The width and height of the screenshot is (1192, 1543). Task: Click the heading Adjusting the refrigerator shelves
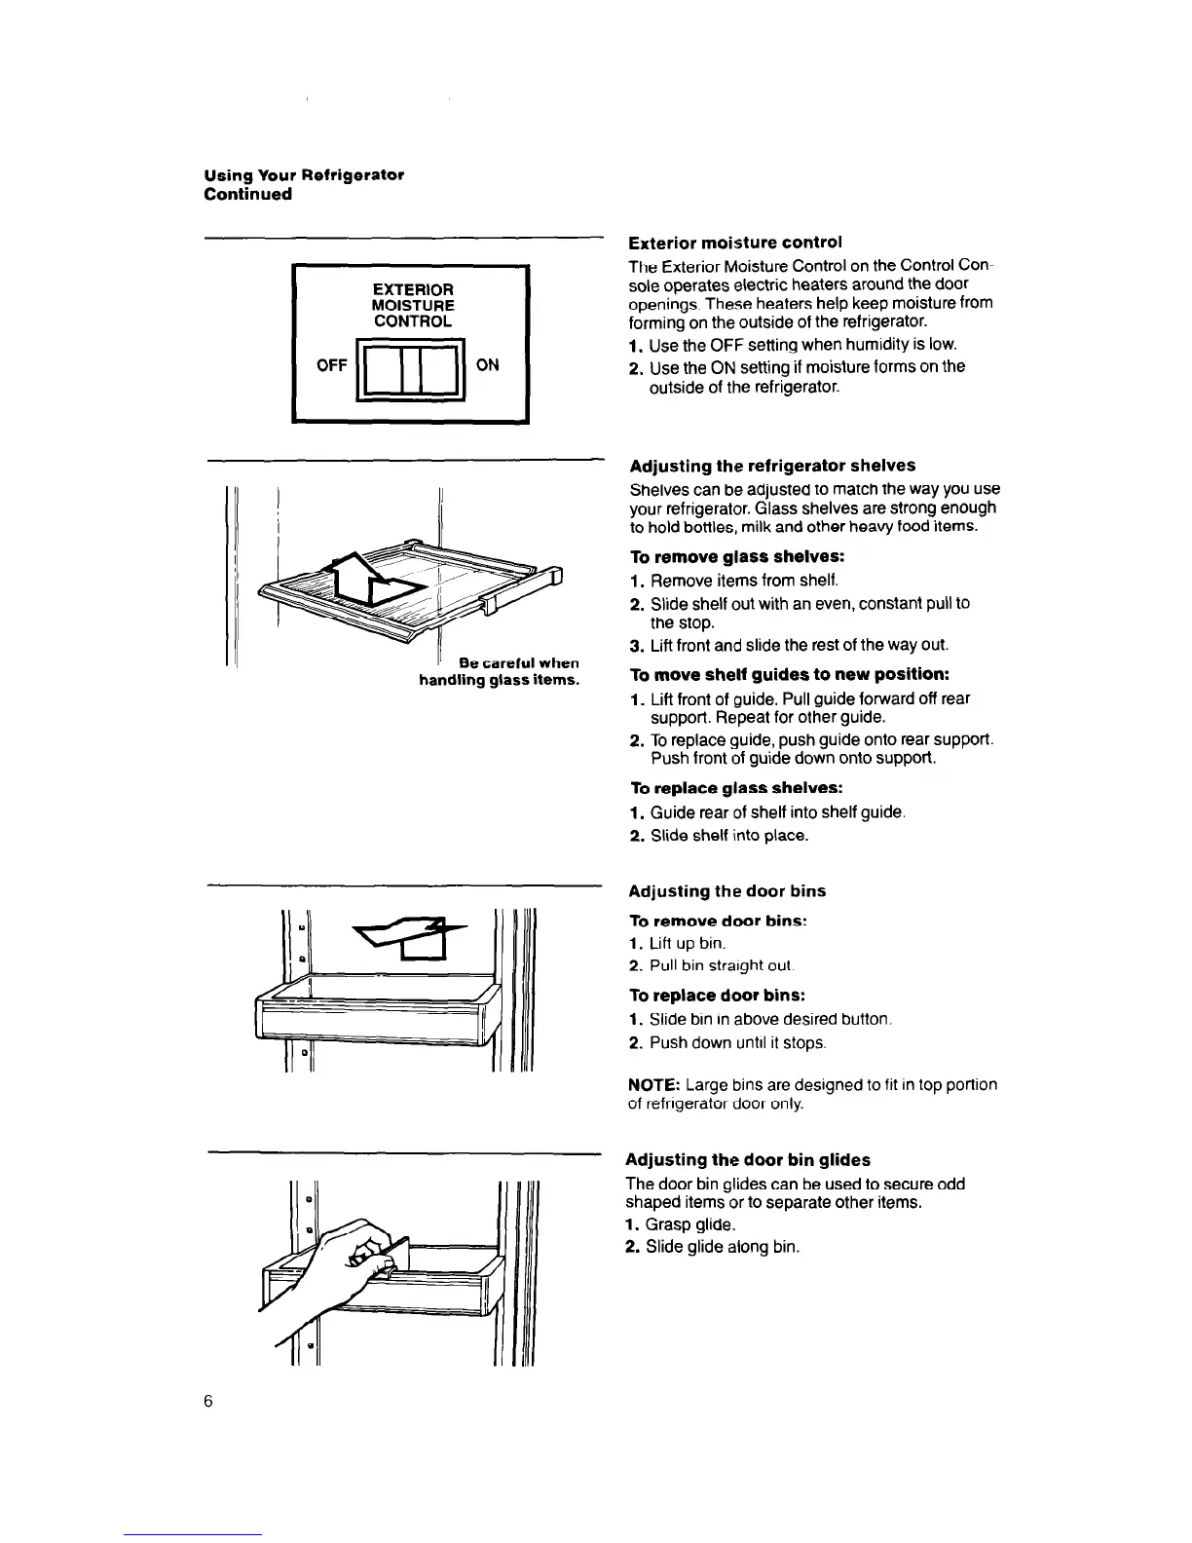click(772, 466)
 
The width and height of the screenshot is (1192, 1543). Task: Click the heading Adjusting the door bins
click(726, 891)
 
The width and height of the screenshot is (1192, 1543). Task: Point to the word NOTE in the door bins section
click(652, 1085)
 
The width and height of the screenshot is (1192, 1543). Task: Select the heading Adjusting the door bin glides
click(747, 1160)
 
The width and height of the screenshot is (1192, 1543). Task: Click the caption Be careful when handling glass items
click(500, 672)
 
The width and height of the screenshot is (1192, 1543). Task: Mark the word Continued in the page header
click(247, 194)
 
